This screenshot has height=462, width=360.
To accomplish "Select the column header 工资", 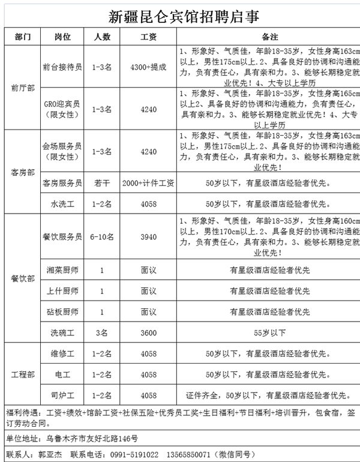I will [148, 37].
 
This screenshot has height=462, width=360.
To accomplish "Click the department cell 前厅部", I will [23, 88].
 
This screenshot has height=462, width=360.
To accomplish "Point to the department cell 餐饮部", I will [23, 279].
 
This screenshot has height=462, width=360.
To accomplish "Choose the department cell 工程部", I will [23, 374].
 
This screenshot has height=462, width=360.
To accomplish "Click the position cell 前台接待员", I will [63, 67].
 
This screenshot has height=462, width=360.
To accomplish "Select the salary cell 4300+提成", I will [148, 67].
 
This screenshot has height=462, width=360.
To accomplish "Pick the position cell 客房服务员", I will [63, 183].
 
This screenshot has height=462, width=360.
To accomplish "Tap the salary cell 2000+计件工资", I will [148, 183].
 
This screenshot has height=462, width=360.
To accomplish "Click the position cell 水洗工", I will [63, 204].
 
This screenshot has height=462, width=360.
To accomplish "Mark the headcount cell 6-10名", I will [102, 237].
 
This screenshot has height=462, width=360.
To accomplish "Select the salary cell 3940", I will [148, 237].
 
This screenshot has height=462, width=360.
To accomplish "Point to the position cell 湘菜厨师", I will [63, 271].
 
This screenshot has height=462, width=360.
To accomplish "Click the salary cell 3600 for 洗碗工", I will [148, 332].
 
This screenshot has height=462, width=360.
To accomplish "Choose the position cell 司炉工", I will [63, 395].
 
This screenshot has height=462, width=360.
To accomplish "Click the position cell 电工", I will [63, 374].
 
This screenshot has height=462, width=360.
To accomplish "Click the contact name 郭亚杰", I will [50, 455].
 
